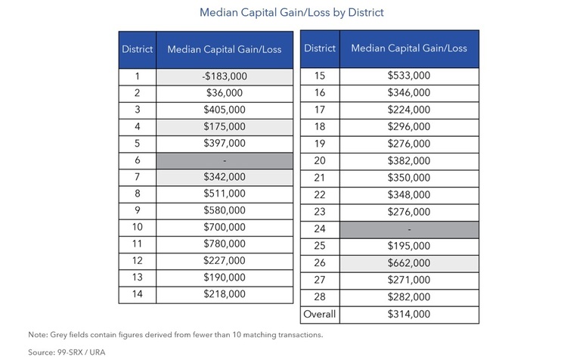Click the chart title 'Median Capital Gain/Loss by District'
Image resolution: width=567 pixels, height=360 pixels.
(292, 13)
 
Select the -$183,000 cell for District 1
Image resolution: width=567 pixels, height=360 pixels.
(225, 76)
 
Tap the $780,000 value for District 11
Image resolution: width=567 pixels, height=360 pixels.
(225, 244)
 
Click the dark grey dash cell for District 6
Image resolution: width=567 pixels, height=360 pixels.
(225, 160)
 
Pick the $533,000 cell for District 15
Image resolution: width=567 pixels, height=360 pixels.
(409, 76)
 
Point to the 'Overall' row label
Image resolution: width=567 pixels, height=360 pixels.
(320, 314)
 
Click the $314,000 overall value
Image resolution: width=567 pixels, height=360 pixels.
(409, 315)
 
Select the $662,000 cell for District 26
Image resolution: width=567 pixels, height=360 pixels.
(409, 263)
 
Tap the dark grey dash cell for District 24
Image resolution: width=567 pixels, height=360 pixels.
(409, 229)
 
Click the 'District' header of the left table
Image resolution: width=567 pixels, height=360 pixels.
(138, 50)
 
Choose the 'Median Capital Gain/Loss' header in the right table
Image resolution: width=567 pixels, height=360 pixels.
(409, 48)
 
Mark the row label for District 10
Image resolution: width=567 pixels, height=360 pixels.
(138, 227)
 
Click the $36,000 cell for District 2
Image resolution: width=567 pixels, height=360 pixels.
(225, 93)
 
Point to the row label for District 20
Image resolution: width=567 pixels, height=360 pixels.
(320, 161)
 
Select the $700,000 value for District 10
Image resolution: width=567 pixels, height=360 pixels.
(225, 228)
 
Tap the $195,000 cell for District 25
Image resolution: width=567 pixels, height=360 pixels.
(409, 247)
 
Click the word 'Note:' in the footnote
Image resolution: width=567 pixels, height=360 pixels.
(38, 335)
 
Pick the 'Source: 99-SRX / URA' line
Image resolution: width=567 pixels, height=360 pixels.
(67, 352)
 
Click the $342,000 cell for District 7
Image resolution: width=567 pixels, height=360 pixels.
(225, 177)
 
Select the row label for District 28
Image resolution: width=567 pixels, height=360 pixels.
(320, 297)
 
